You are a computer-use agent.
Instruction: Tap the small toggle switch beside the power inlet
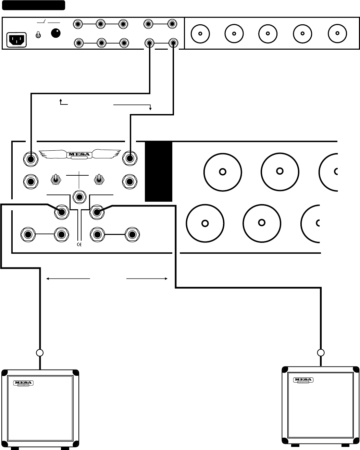coord(39,35)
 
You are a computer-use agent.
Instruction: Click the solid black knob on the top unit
coord(55,33)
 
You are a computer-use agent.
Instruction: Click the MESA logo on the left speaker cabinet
coord(25,384)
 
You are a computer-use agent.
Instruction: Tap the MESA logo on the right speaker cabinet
coord(303,380)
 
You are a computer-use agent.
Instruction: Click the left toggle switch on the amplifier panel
coord(55,179)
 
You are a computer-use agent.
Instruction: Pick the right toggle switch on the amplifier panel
coord(98,179)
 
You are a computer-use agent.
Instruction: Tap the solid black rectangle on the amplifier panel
coord(158,171)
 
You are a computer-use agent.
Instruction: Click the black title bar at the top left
coord(33,5)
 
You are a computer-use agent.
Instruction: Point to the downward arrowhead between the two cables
coord(150,109)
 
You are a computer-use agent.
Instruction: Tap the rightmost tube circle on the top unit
coord(337,34)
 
